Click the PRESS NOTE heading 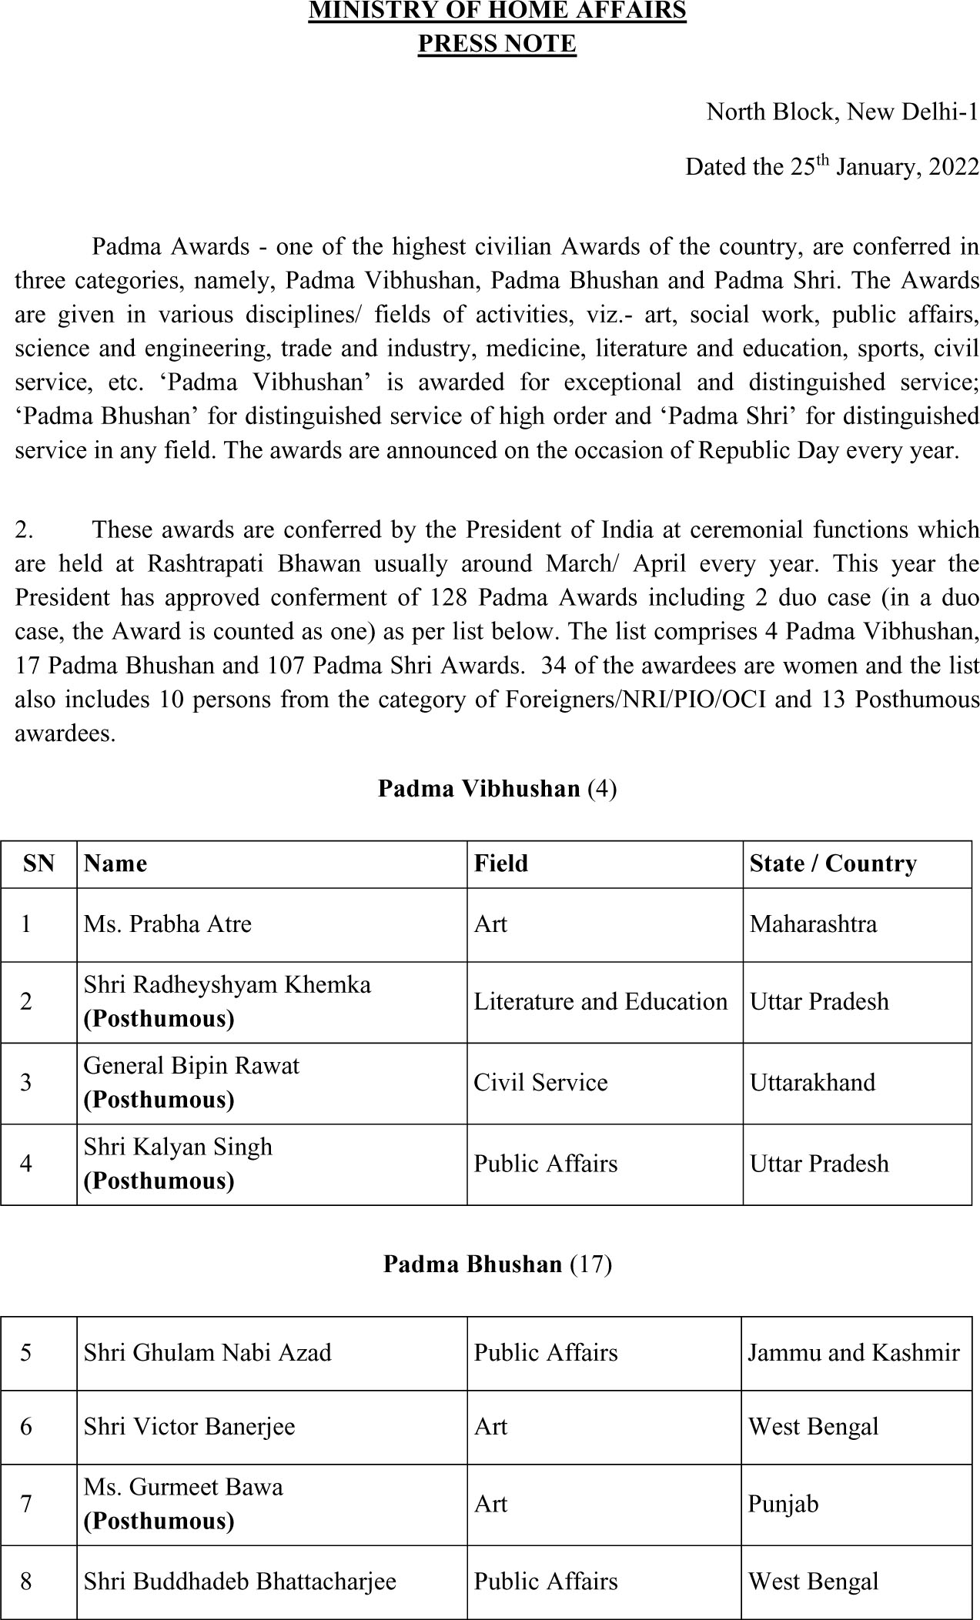click(497, 44)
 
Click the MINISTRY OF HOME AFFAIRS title click(497, 11)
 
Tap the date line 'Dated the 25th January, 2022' click(831, 167)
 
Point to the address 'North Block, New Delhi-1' click(842, 112)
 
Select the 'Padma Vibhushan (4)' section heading click(497, 789)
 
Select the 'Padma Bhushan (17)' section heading click(497, 1264)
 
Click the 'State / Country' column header click(833, 863)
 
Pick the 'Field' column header click(500, 863)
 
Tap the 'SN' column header click(38, 863)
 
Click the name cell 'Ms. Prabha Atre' click(168, 924)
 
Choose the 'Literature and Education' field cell click(600, 1001)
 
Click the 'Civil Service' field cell click(540, 1083)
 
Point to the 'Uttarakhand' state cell click(812, 1083)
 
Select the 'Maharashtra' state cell click(813, 924)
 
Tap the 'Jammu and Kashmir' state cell click(854, 1353)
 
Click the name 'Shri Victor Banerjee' click(189, 1427)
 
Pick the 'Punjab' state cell click(783, 1504)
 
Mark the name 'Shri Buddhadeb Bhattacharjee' click(240, 1582)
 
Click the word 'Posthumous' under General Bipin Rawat click(159, 1100)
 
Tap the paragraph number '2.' click(25, 530)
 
